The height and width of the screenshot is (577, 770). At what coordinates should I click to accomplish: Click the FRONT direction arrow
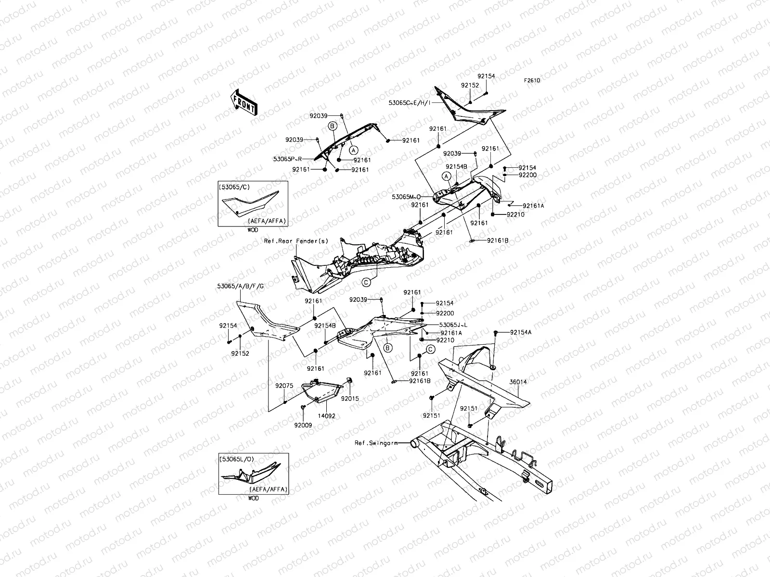tap(244, 102)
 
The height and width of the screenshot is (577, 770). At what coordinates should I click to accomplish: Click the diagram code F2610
tap(532, 80)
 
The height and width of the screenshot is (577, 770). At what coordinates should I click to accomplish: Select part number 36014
tap(518, 382)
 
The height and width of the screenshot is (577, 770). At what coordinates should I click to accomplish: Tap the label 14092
tap(327, 416)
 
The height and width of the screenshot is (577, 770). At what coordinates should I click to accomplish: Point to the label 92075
tap(284, 386)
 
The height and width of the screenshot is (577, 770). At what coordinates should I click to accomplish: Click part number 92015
tap(350, 398)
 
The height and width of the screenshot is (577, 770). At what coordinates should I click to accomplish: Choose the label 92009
tap(303, 426)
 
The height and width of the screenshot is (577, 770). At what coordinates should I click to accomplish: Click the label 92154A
tap(521, 332)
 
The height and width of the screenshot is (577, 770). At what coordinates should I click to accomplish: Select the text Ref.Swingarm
tap(376, 443)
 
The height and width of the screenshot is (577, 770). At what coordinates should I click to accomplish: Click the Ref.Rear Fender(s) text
tap(296, 241)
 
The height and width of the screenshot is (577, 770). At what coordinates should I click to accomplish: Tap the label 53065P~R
tap(287, 159)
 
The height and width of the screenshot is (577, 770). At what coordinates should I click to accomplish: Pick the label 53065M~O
tap(406, 197)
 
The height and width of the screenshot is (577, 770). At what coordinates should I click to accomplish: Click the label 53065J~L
tap(453, 325)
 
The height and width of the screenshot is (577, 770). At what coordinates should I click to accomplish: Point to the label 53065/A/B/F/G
tap(240, 286)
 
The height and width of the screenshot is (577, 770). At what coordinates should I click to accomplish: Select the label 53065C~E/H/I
tap(410, 103)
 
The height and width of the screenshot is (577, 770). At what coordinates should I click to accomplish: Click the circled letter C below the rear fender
tap(366, 282)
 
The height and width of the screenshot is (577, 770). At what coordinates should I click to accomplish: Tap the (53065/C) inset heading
tap(234, 187)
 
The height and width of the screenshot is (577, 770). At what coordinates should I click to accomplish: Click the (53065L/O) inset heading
tap(236, 459)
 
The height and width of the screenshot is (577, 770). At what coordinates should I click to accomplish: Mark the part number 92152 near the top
tap(470, 86)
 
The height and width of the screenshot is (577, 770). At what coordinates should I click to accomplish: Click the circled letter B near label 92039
tap(332, 126)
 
